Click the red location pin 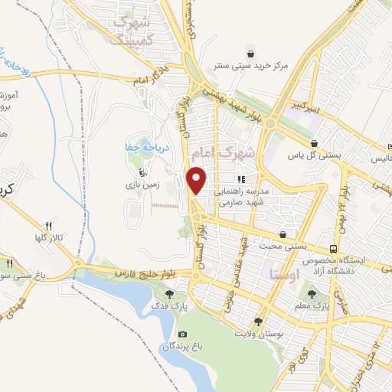coord(198,180)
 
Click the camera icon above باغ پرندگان coord(183,335)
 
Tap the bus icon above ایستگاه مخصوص coord(333,249)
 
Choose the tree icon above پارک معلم coord(311,293)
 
